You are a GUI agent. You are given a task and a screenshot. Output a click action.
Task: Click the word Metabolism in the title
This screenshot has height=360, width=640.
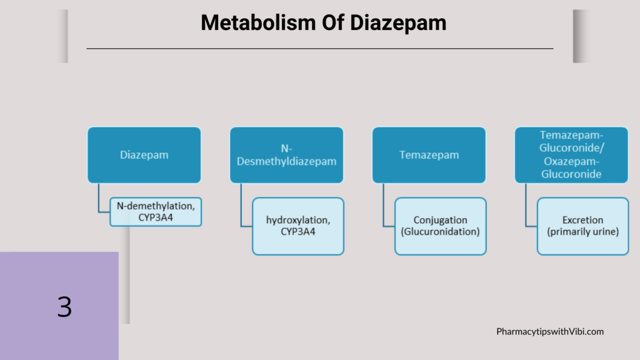[x=258, y=23]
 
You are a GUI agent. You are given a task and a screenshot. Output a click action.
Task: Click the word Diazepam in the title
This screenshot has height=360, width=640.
[x=398, y=24]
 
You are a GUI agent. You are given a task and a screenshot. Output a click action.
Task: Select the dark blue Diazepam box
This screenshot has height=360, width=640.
[x=144, y=155]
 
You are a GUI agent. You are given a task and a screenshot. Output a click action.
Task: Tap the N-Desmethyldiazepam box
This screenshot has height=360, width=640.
[x=286, y=155]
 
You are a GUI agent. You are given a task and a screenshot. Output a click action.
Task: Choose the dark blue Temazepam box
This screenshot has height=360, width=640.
[x=429, y=155]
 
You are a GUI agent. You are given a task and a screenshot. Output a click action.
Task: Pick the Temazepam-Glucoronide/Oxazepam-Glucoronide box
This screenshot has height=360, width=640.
[x=571, y=155]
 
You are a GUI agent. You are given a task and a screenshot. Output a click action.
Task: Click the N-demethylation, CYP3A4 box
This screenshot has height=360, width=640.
[x=156, y=212]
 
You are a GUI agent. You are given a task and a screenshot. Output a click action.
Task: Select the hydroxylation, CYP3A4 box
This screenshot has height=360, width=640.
[x=298, y=226]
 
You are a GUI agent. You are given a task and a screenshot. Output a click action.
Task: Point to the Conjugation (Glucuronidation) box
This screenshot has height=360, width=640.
[x=441, y=226]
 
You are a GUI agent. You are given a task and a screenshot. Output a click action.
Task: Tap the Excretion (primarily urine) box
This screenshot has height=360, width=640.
[x=583, y=226]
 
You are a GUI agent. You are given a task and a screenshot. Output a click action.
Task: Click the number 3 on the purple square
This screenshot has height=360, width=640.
[x=64, y=307]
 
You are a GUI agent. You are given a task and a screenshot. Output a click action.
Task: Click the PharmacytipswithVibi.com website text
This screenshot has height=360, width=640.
[x=550, y=331]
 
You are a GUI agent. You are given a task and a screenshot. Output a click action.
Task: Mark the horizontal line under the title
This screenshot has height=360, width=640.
[x=320, y=49]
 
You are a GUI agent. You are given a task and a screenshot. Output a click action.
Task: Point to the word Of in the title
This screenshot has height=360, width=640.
[x=332, y=23]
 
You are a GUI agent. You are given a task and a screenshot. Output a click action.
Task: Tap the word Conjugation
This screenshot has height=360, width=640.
[x=441, y=221]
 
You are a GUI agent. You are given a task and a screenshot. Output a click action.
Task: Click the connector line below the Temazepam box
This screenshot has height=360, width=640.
[x=384, y=205]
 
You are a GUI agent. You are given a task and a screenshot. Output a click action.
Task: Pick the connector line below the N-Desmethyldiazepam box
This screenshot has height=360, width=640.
[x=241, y=205]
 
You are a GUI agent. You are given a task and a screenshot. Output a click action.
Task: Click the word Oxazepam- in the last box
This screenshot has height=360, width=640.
[x=571, y=161]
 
